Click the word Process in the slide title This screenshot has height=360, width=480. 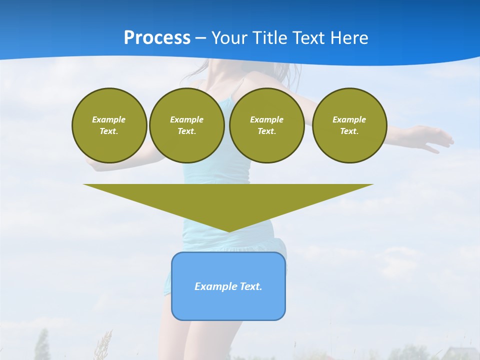(157, 38)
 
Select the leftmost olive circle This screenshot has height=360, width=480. (109, 125)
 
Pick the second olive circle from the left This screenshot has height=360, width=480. (187, 125)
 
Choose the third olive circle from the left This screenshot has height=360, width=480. (267, 125)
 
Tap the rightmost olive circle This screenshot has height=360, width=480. (349, 125)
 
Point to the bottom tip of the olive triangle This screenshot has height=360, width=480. (228, 230)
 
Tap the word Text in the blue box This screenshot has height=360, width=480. (251, 286)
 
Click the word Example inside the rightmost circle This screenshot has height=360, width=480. (349, 119)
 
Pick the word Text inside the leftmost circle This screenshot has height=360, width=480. (108, 131)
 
